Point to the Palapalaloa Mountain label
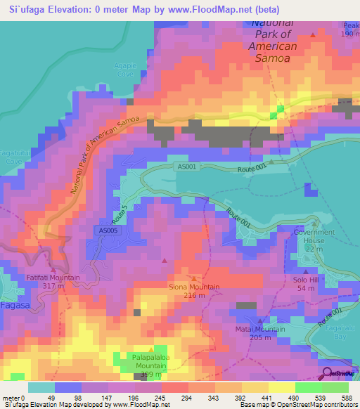(x=150, y=361)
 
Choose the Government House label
(x=314, y=236)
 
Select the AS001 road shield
(x=185, y=166)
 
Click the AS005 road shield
(x=103, y=230)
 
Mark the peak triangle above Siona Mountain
(x=195, y=279)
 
